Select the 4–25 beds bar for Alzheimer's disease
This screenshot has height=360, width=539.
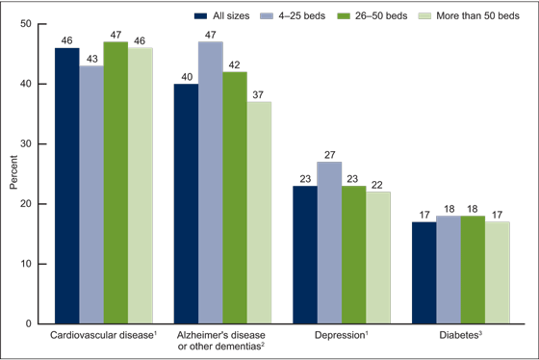tap(210, 183)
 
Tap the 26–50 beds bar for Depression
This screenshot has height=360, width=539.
tap(354, 255)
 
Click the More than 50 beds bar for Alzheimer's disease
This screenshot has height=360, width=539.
tap(258, 213)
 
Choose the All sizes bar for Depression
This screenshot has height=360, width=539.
tap(306, 255)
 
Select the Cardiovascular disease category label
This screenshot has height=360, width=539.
tap(101, 336)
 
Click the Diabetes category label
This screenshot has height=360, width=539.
tap(460, 336)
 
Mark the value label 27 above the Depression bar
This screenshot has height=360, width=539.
tap(330, 154)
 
